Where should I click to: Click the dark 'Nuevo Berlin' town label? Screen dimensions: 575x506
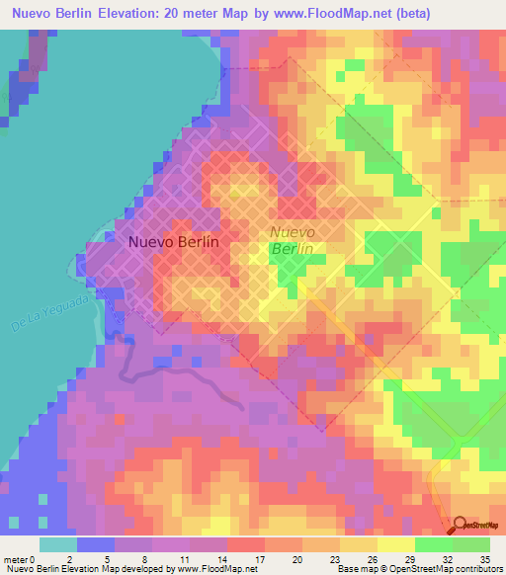coord(173,240)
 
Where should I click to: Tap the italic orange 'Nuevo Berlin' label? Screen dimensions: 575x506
coord(293,241)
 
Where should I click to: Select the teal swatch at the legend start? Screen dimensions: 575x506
coord(58,544)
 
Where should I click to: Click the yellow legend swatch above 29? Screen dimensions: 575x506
coord(396,544)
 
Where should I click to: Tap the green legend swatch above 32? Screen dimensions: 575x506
coord(434,544)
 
